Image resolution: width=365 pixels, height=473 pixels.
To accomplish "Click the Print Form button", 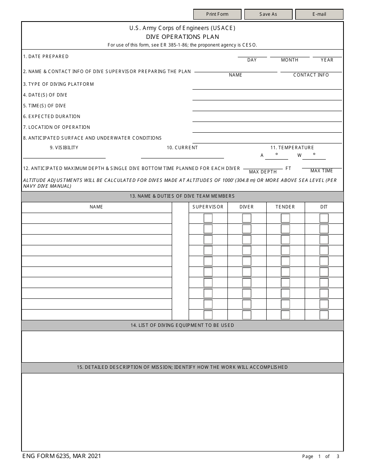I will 217,14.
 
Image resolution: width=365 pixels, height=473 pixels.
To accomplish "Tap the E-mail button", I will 319,14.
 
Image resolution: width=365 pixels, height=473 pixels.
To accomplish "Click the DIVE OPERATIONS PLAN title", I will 182,37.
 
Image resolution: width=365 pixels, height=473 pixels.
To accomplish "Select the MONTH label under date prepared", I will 289,60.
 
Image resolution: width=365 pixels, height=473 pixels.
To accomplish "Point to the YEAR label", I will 327,60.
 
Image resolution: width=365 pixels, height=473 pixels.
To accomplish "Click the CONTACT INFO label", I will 311,75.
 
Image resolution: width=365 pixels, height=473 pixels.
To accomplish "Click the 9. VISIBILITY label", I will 64,148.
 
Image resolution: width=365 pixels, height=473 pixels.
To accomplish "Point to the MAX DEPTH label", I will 263,172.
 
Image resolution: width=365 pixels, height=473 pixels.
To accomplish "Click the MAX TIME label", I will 322,171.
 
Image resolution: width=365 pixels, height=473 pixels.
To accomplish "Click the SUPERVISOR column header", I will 208,207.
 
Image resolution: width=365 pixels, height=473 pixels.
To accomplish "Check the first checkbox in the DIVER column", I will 247,218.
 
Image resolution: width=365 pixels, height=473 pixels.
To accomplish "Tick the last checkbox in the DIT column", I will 324,315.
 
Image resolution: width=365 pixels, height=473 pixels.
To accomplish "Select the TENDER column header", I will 285,207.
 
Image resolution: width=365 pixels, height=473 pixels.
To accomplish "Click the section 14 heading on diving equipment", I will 182,325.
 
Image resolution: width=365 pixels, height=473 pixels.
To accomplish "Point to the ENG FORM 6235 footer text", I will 62,456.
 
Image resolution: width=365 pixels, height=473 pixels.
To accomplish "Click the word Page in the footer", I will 308,456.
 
